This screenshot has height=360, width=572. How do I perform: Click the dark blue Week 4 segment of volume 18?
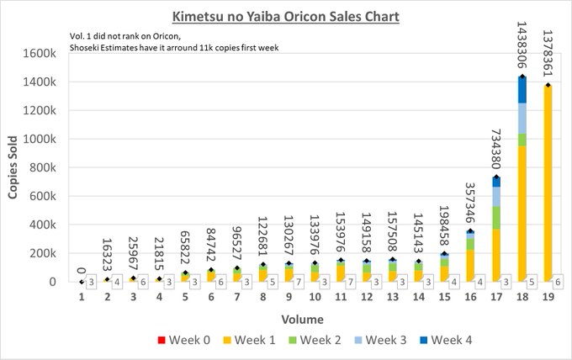click(x=522, y=90)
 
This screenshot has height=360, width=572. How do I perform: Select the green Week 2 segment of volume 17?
click(x=496, y=217)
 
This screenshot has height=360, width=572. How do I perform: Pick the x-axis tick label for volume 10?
click(x=314, y=298)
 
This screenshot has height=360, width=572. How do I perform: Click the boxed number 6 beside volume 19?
click(x=560, y=283)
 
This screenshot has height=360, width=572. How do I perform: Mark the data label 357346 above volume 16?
click(x=470, y=202)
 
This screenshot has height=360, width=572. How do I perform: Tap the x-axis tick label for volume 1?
click(x=82, y=298)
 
